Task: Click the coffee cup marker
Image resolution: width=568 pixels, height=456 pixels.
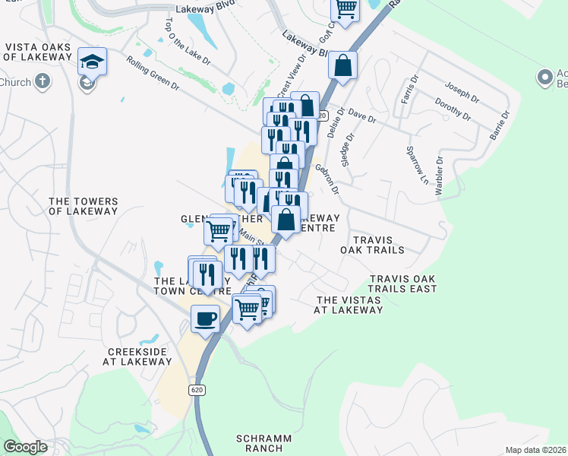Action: pyautogui.click(x=205, y=318)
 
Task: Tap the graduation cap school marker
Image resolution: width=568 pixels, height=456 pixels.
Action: pyautogui.click(x=92, y=61)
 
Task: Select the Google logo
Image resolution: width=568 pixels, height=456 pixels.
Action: pyautogui.click(x=25, y=447)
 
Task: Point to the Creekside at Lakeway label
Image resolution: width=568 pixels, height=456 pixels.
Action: pyautogui.click(x=140, y=356)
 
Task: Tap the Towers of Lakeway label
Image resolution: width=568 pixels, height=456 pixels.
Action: pyautogui.click(x=83, y=207)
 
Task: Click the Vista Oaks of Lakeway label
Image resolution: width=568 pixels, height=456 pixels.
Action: pyautogui.click(x=38, y=52)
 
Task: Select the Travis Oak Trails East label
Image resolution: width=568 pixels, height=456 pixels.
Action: pyautogui.click(x=402, y=284)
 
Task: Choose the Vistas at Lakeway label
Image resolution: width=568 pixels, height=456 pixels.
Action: pyautogui.click(x=349, y=305)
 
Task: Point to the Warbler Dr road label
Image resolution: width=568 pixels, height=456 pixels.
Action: pyautogui.click(x=439, y=176)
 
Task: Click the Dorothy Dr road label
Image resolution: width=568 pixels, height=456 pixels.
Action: pyautogui.click(x=453, y=109)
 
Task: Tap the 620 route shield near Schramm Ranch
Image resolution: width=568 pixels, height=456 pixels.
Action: pyautogui.click(x=197, y=389)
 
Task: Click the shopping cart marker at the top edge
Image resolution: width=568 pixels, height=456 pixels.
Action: pyautogui.click(x=346, y=9)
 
